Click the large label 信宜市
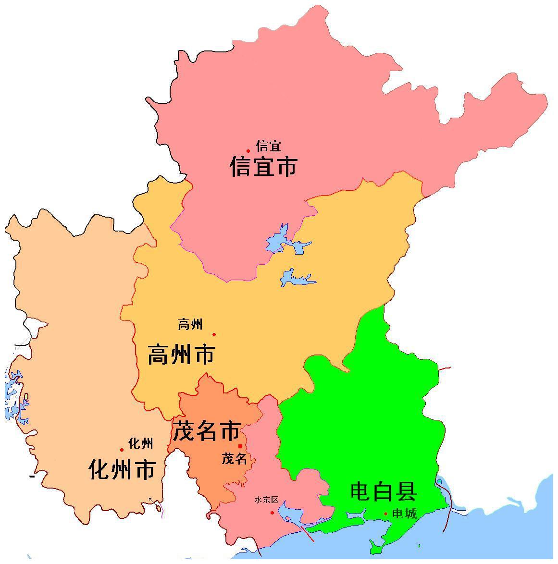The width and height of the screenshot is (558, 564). [264, 166]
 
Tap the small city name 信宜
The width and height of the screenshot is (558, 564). [269, 146]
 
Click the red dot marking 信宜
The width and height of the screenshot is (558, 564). [248, 151]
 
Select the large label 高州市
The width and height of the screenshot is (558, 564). [181, 355]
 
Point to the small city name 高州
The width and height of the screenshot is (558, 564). [190, 325]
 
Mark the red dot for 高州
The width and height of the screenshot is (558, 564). [214, 334]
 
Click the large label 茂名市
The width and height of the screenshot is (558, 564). [206, 431]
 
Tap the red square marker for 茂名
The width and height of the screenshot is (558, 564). [240, 446]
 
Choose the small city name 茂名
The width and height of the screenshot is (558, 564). [234, 459]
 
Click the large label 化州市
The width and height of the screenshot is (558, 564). [122, 469]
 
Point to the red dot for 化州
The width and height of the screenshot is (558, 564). [122, 450]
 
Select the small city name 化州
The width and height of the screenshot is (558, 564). [141, 443]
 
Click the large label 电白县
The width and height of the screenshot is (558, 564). [383, 491]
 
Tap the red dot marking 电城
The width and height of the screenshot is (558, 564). [385, 514]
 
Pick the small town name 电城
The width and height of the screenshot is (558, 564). [404, 514]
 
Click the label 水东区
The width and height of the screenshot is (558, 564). [266, 500]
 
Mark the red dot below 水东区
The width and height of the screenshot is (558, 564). [272, 513]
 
